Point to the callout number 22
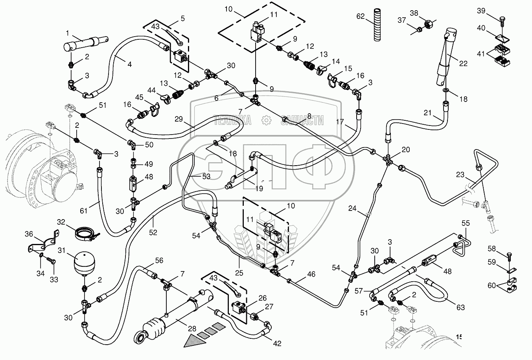pos(464,63)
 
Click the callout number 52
pos(153,233)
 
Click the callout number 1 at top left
pos(68,33)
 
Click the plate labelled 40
pos(502,38)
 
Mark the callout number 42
pos(277,343)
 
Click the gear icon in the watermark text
pos(266,120)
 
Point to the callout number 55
pos(466,223)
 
